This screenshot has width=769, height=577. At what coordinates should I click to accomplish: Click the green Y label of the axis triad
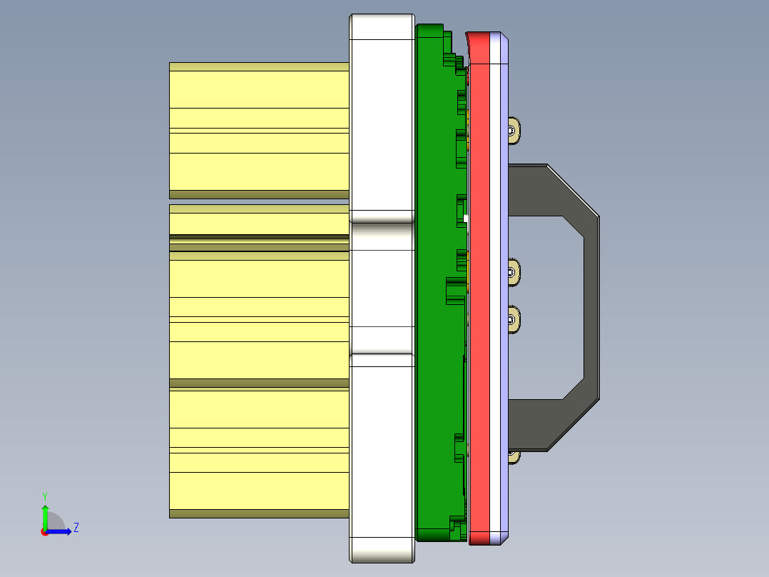[x=45, y=496]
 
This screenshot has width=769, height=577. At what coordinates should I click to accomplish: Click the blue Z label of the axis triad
[x=76, y=528]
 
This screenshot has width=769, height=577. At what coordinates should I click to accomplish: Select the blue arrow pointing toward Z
[x=61, y=531]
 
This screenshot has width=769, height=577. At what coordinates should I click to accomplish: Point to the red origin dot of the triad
[x=44, y=532]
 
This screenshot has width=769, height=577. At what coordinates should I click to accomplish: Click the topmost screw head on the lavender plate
[x=512, y=130]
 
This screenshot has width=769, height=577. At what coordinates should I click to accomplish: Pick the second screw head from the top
[x=512, y=271]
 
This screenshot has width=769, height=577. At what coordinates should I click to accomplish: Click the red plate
[x=481, y=286]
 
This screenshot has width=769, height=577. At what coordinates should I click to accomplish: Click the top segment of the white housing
[x=382, y=121]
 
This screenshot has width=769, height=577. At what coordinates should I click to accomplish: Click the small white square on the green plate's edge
[x=466, y=219]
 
